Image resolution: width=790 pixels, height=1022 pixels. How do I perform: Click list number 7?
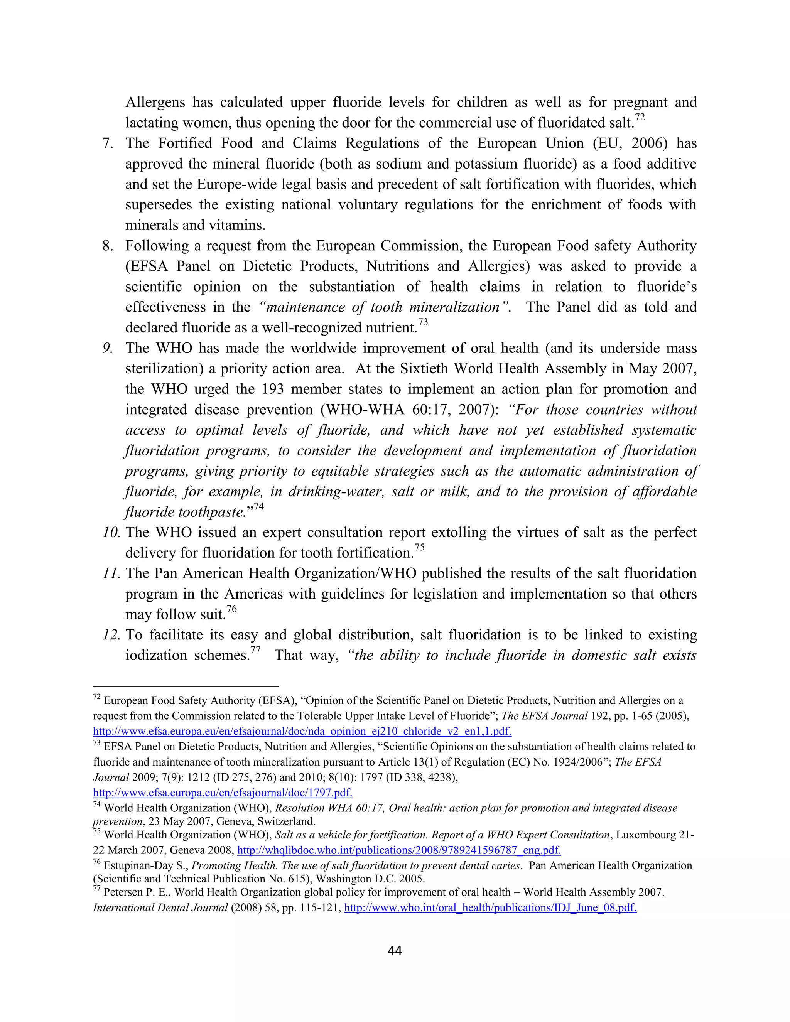click(x=108, y=143)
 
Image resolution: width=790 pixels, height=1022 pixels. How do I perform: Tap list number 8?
click(x=108, y=246)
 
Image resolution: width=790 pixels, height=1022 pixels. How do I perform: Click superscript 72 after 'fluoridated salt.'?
click(x=639, y=118)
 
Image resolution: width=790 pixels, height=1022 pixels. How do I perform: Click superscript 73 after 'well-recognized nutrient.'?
click(x=423, y=322)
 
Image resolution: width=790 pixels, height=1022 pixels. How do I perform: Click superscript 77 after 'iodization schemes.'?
click(x=255, y=650)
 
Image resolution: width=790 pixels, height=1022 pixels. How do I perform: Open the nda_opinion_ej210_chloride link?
click(x=302, y=731)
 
